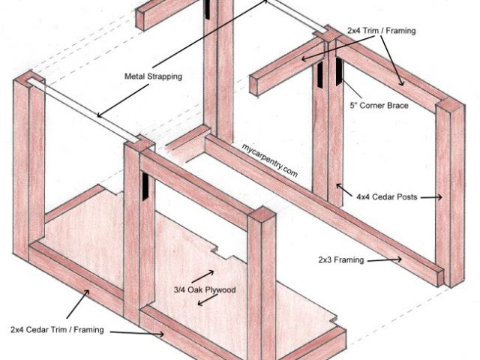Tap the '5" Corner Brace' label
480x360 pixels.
tap(379, 106)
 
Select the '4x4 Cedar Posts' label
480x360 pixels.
tap(386, 197)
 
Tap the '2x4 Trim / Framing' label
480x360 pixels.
tap(381, 31)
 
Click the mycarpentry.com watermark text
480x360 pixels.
tap(270, 160)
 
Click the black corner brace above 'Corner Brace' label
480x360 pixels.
tap(339, 72)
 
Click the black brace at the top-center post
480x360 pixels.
tap(205, 9)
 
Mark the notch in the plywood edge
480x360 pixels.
tap(217, 247)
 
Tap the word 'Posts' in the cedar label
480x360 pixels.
tap(404, 197)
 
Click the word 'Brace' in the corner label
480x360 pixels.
tap(396, 106)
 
